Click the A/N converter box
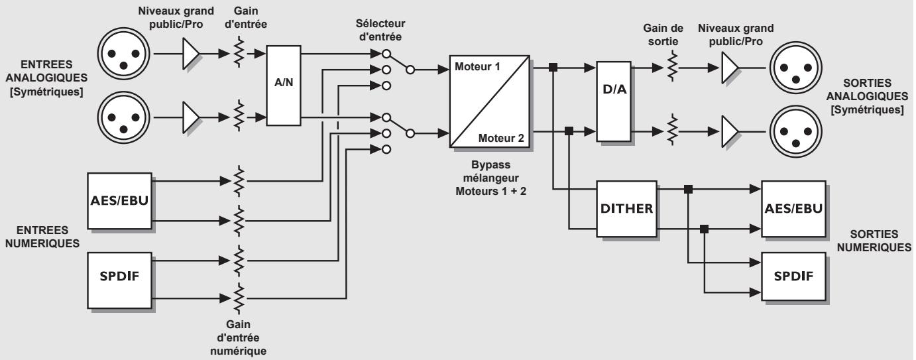click(284, 86)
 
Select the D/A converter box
click(613, 100)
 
